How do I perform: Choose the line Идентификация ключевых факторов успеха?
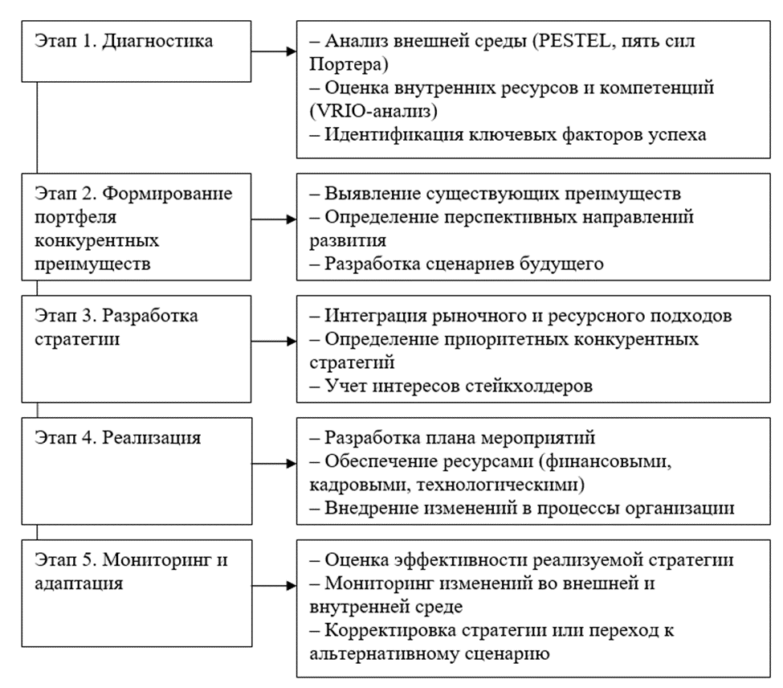tap(516, 133)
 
